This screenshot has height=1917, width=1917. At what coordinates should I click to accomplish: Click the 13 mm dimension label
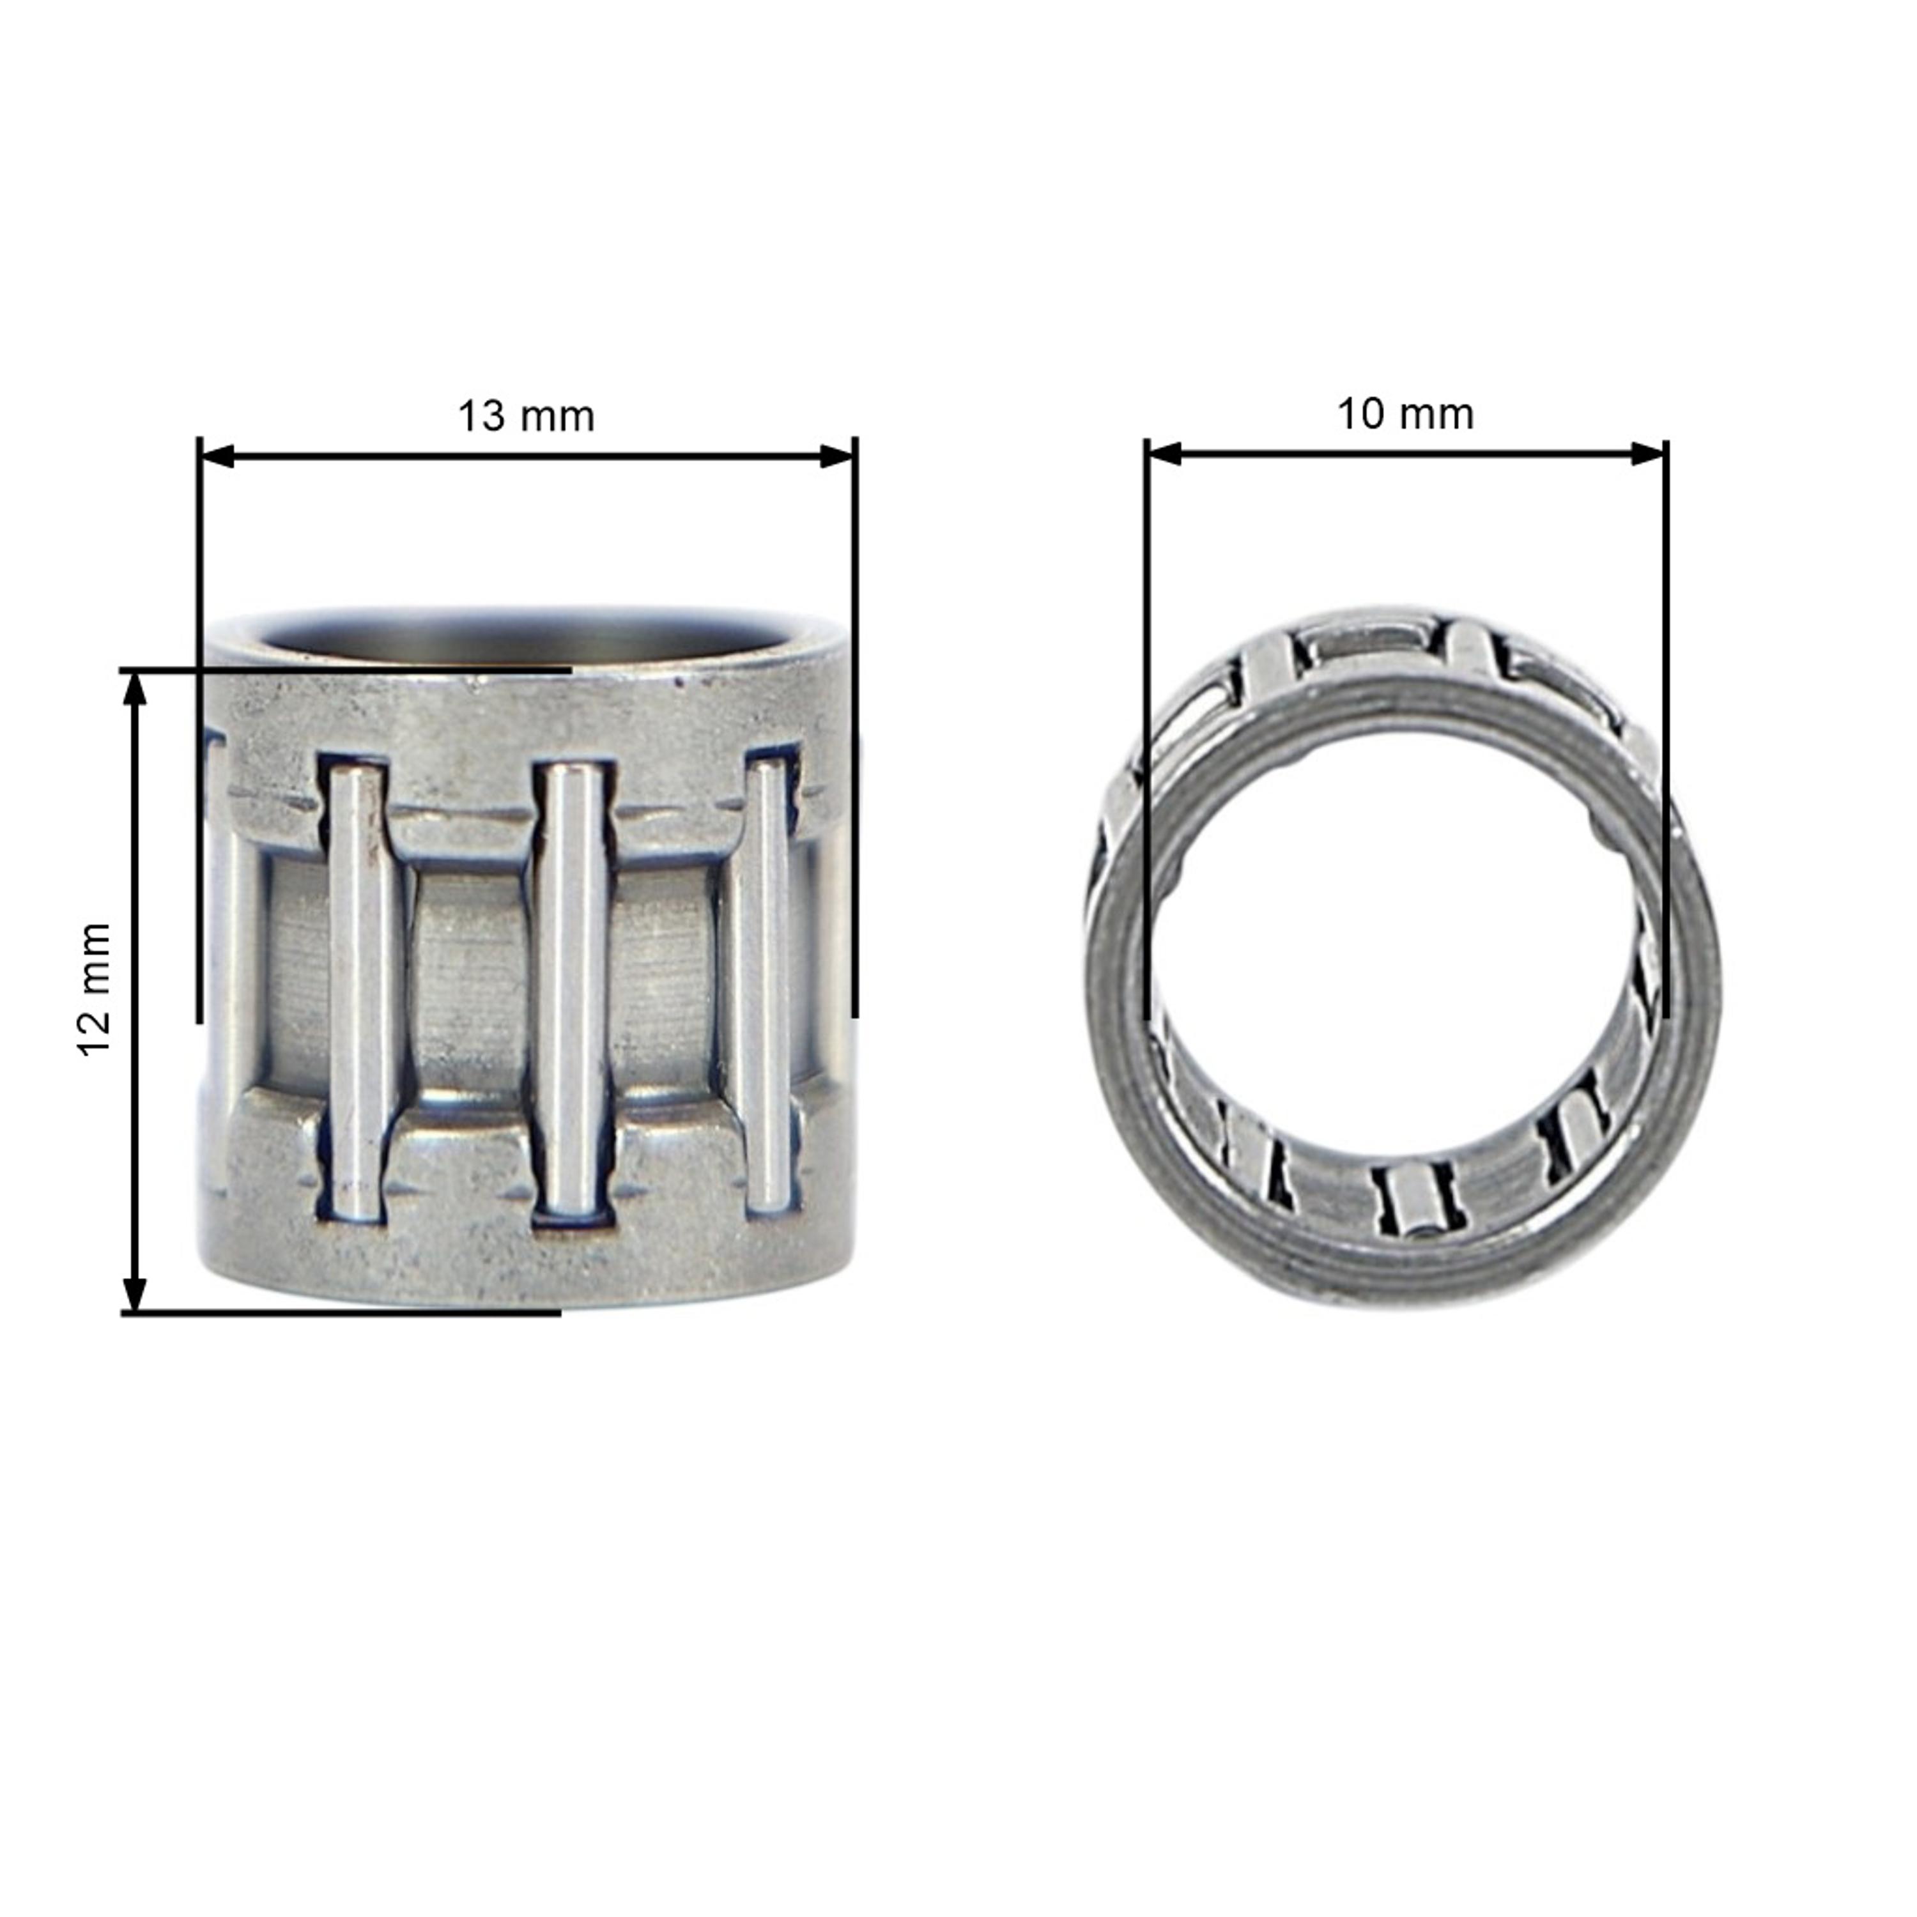(x=526, y=417)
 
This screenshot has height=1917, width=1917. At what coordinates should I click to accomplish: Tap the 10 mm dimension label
(x=1405, y=414)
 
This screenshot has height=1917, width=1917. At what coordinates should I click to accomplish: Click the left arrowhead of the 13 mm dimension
(x=217, y=456)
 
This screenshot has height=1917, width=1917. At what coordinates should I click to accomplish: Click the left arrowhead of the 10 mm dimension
(x=1164, y=454)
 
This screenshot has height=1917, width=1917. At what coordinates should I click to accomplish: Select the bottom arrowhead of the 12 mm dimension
(x=134, y=1295)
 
